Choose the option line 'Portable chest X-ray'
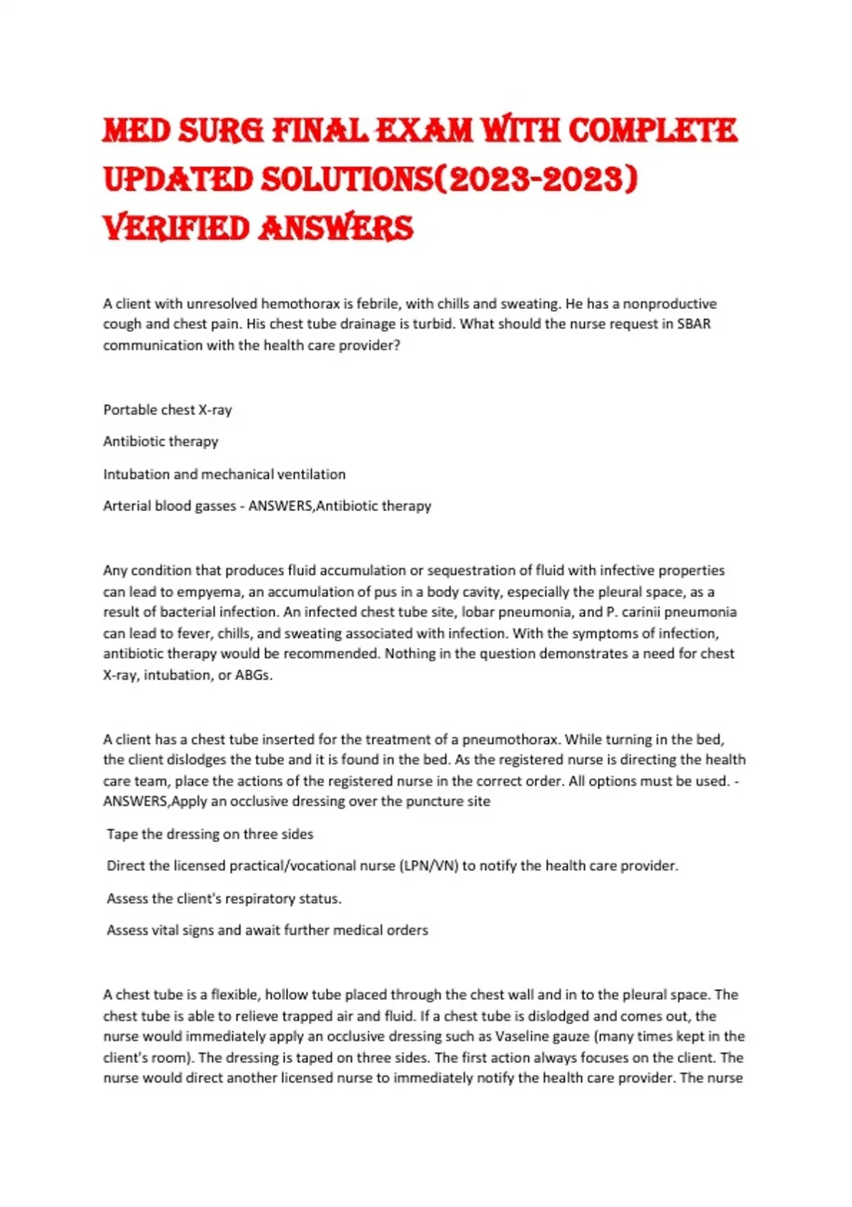coord(168,410)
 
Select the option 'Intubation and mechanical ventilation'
coord(224,474)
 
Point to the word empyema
coord(207,592)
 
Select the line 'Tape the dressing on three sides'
coord(210,834)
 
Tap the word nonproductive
coord(670,304)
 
